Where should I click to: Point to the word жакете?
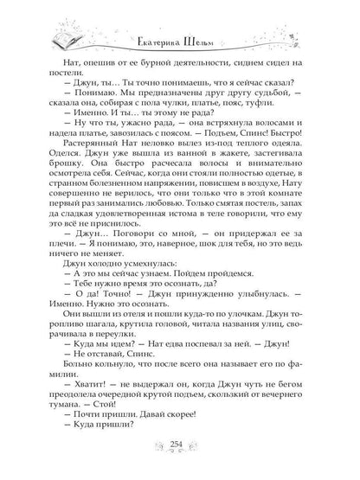(237, 177)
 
